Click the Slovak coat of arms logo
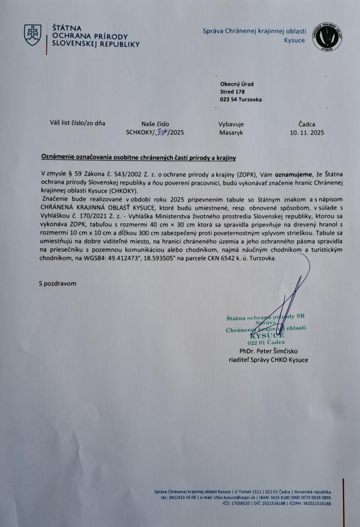(33, 35)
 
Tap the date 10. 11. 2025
(307, 132)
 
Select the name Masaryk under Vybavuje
(230, 132)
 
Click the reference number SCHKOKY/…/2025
(155, 132)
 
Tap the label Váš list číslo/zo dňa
(77, 123)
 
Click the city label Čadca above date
(307, 124)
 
